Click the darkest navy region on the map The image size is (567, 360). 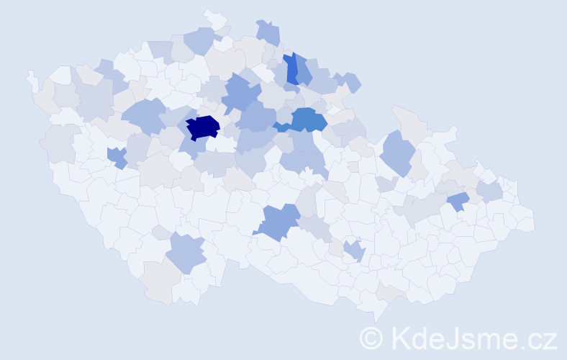202,127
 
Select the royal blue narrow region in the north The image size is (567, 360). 291,69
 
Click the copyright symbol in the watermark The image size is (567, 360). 371,338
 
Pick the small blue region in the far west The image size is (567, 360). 116,156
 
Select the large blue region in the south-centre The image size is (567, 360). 277,221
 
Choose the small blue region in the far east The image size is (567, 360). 458,202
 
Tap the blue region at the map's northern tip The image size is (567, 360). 268,32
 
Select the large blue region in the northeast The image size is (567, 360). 396,152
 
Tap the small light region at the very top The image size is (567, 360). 214,19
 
